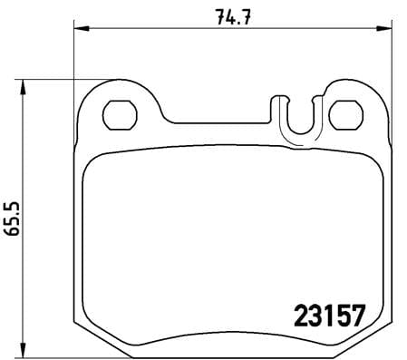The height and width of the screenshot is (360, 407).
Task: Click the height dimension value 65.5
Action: [x=12, y=219]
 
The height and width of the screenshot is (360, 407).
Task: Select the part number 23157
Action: [x=329, y=316]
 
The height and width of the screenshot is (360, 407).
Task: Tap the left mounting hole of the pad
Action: [x=118, y=114]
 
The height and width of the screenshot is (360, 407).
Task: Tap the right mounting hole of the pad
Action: [x=344, y=114]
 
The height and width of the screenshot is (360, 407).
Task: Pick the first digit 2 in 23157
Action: [x=301, y=316]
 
